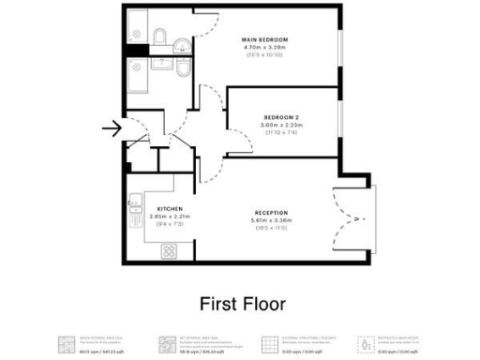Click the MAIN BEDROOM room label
267,39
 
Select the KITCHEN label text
170,208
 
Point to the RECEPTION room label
270,213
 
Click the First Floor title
242,304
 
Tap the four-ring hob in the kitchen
170,250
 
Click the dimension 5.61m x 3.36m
270,220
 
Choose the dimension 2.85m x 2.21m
170,217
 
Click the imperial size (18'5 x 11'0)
270,228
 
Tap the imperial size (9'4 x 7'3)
170,224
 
